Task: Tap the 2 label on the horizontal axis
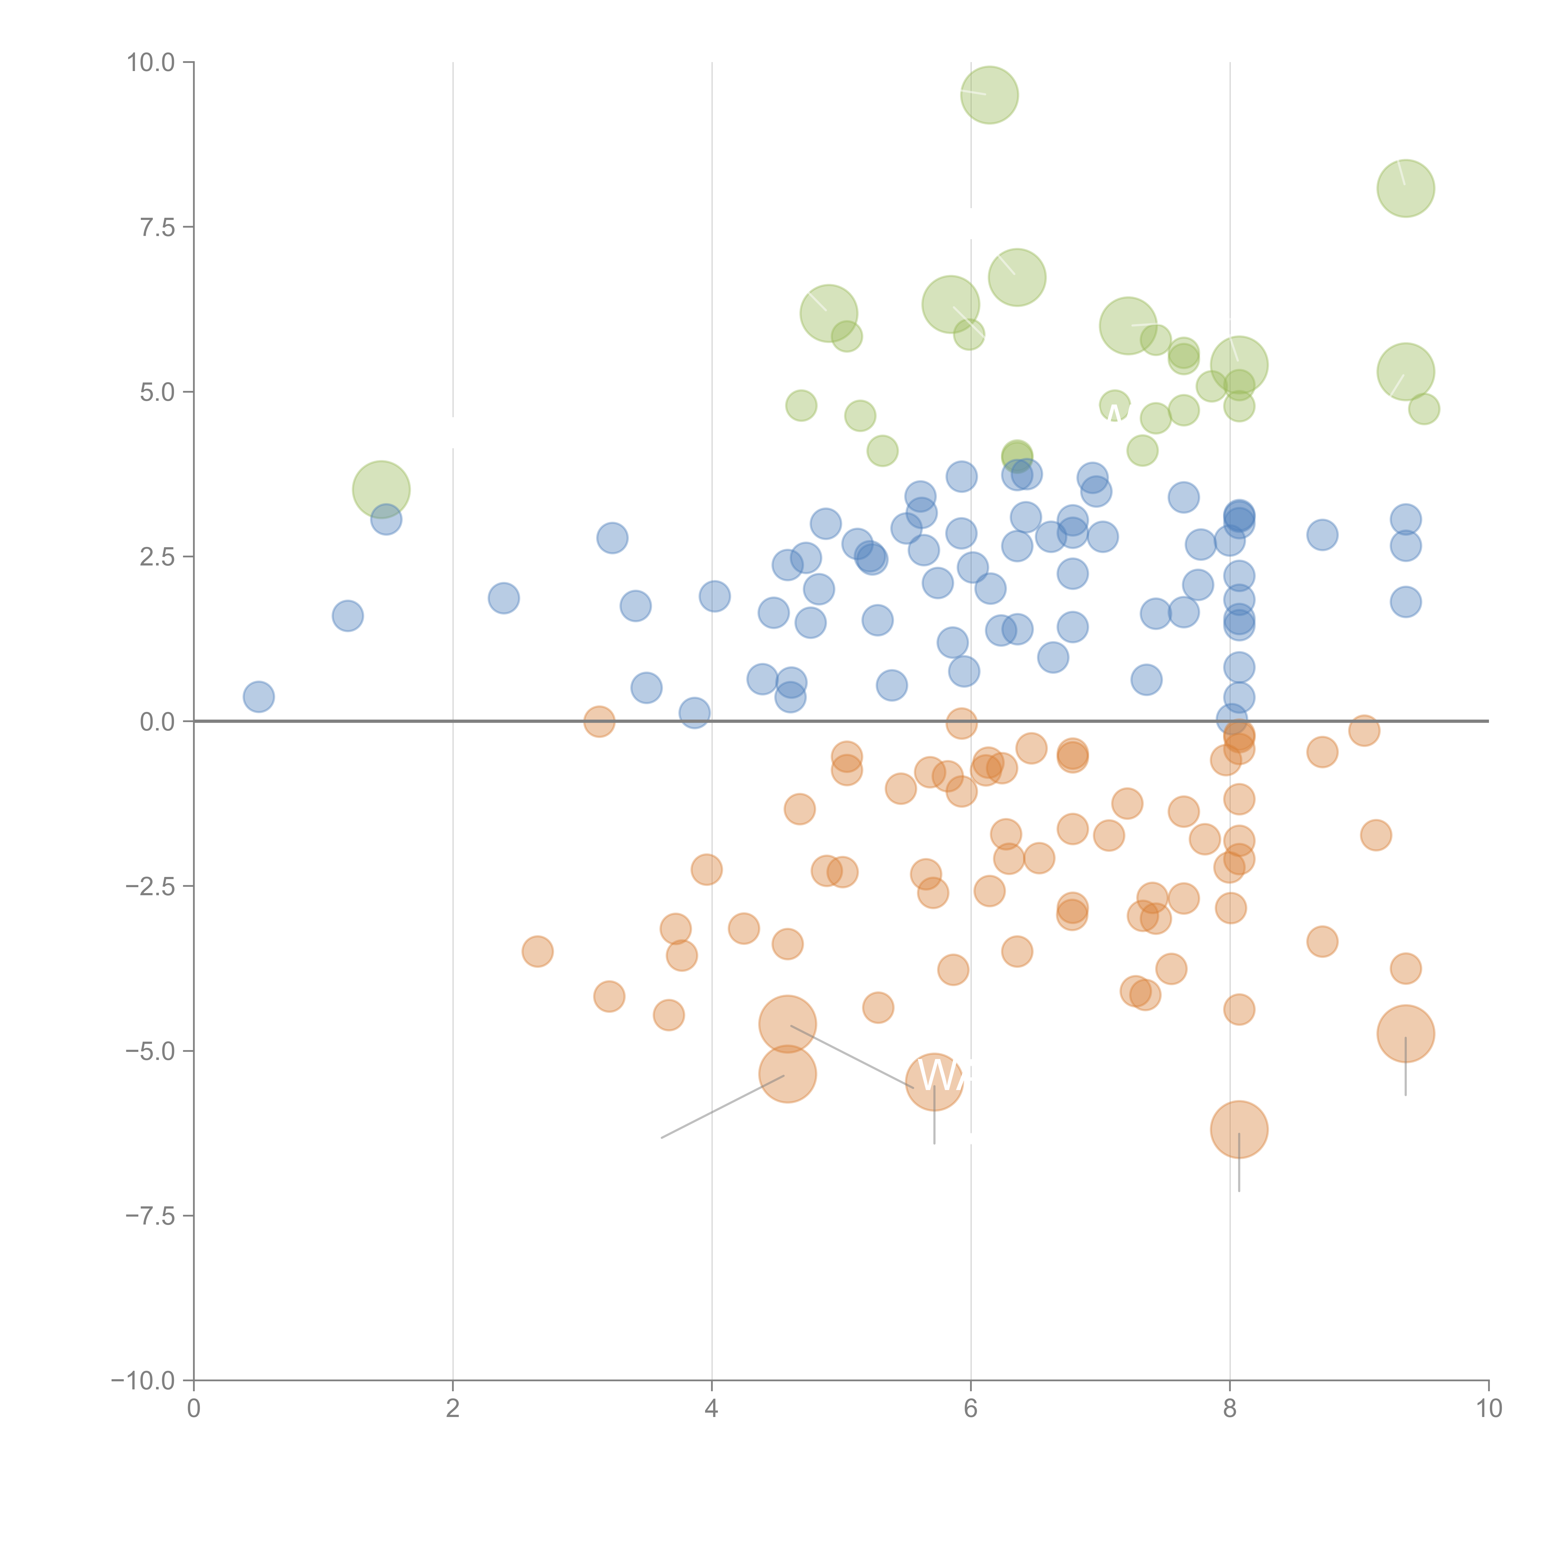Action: pyautogui.click(x=453, y=1409)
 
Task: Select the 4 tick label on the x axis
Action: pyautogui.click(x=711, y=1409)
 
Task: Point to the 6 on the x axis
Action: pyautogui.click(x=971, y=1409)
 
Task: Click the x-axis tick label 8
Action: pyautogui.click(x=1230, y=1409)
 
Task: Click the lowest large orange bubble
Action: pyautogui.click(x=1239, y=1129)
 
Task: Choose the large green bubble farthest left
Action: pyautogui.click(x=381, y=490)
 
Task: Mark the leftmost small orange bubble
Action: pyautogui.click(x=537, y=951)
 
